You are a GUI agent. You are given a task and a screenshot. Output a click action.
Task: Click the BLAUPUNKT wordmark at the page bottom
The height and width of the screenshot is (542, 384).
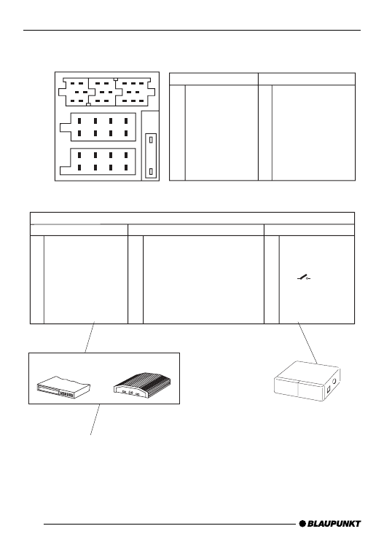[334, 524]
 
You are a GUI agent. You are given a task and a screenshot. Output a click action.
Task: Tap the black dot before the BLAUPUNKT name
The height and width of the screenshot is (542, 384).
[302, 524]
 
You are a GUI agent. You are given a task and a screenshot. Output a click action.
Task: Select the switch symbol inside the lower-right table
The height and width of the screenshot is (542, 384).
[304, 278]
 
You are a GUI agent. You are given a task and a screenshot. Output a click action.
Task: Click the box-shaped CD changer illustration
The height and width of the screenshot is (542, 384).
[307, 381]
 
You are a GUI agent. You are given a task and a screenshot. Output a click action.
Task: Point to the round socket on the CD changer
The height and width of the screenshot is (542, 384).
[334, 382]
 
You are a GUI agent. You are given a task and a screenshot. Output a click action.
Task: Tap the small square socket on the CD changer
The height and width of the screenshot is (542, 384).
[329, 389]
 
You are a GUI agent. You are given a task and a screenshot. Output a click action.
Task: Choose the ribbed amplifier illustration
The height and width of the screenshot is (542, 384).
[141, 385]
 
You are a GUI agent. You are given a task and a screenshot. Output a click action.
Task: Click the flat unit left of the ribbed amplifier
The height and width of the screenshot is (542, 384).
[63, 388]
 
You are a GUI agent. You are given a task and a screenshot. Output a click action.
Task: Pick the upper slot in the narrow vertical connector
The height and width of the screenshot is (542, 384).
[151, 140]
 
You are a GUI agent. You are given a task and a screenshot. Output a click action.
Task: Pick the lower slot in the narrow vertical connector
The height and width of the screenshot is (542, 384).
[151, 171]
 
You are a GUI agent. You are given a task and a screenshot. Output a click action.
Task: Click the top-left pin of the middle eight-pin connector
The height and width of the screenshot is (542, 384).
[79, 121]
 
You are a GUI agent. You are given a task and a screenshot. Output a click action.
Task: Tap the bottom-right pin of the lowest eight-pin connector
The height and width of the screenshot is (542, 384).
[126, 168]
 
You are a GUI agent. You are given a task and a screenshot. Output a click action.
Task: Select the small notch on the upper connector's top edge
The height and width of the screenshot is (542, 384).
[116, 79]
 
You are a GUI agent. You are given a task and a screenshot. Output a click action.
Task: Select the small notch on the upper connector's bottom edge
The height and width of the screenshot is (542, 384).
[88, 104]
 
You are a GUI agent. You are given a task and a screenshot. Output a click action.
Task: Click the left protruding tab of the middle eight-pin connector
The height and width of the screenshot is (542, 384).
[66, 127]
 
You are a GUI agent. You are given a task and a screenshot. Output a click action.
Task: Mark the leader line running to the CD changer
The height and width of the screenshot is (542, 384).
[307, 343]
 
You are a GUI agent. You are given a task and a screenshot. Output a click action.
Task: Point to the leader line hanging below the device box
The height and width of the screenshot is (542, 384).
[95, 420]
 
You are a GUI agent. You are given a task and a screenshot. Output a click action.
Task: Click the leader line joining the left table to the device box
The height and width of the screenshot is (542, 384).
[90, 337]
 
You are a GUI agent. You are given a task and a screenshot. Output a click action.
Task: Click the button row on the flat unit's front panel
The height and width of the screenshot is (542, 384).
[66, 394]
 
